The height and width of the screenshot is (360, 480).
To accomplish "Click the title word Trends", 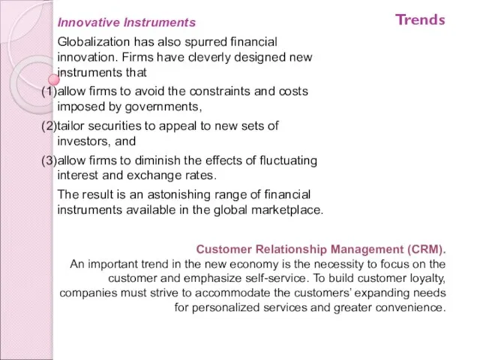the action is [420, 19].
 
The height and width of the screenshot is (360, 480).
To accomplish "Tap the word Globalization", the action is [94, 42].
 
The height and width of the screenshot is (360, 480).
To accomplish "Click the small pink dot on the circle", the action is [54, 79].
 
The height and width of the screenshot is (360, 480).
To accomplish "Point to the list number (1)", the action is [49, 91].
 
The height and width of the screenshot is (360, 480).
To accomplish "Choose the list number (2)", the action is [49, 126].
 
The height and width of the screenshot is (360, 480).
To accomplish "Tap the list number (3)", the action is [49, 160].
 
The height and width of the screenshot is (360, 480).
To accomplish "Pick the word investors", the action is [82, 141].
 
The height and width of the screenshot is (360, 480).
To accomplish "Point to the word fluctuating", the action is [288, 160].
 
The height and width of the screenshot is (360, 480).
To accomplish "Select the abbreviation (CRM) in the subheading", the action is [425, 249].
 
